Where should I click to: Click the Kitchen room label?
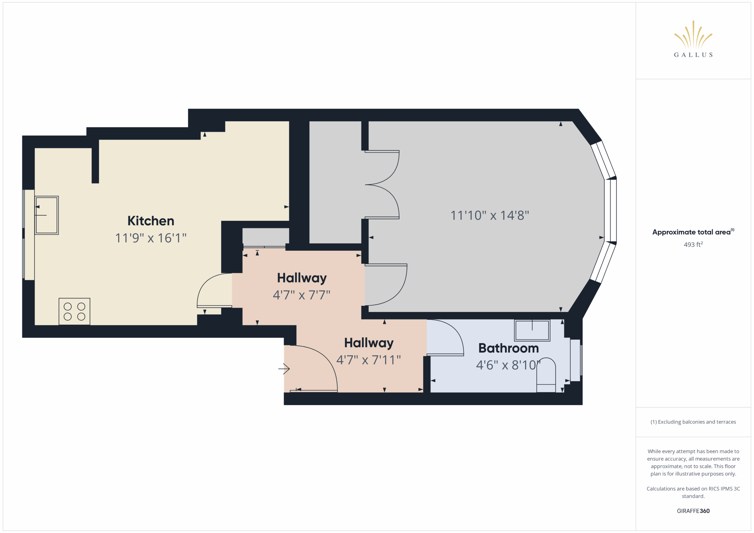point(151,221)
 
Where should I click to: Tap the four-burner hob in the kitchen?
point(75,311)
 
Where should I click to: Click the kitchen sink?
point(47,215)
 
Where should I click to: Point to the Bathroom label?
point(508,348)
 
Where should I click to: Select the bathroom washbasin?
point(532,331)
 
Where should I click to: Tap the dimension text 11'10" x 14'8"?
point(490,216)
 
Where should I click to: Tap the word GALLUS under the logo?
point(693,55)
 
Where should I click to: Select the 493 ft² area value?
point(693,245)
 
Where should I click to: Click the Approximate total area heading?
point(693,232)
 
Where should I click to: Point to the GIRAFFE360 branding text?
point(693,511)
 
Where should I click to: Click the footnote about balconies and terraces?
point(693,422)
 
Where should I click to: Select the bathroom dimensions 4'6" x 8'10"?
point(508,365)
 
